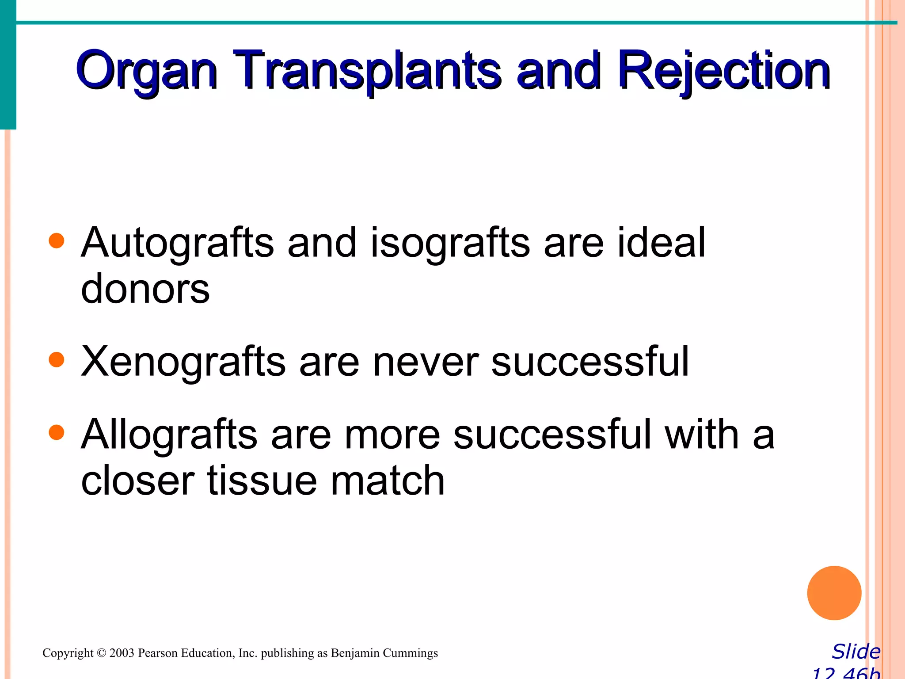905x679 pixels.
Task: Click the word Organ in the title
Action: coord(146,71)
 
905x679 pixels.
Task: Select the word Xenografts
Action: coord(183,362)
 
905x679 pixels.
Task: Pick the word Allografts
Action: coord(169,435)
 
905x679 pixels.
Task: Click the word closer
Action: coord(137,481)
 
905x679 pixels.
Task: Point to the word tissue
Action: coord(262,481)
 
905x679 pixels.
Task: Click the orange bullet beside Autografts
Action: coord(57,241)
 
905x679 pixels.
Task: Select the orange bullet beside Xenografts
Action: coord(57,360)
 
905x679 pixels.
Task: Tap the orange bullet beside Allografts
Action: coord(57,433)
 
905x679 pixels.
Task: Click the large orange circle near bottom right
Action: coord(834,593)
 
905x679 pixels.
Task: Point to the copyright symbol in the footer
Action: coord(102,653)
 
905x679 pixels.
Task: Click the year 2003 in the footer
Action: coord(122,653)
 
